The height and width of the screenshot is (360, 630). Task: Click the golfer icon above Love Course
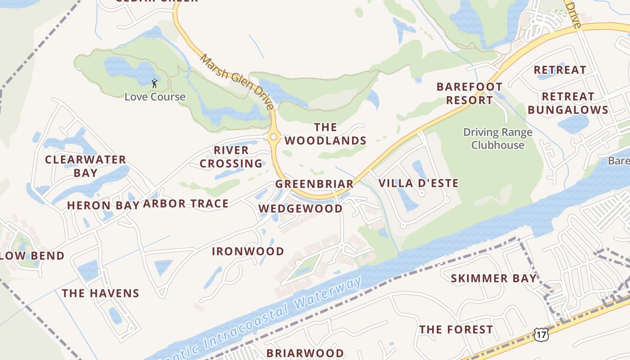[x=154, y=83]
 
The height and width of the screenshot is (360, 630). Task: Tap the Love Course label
[x=155, y=97]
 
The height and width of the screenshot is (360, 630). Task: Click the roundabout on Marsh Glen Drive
[x=273, y=136]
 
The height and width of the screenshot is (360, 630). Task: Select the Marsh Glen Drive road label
[x=237, y=82]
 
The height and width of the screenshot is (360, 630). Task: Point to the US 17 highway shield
[x=541, y=333]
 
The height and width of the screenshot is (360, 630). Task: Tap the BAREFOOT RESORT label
[x=469, y=93]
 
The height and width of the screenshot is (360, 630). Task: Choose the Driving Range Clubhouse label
[x=498, y=139]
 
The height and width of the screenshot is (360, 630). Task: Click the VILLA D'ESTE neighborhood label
[x=418, y=183]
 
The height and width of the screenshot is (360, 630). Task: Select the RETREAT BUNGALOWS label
[x=568, y=103]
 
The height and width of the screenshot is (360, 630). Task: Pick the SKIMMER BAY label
[x=494, y=279]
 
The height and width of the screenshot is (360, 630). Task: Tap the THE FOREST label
[x=456, y=330]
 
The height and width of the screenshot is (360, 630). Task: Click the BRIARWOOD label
[x=305, y=353]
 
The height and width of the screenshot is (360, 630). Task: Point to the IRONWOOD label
[x=248, y=251]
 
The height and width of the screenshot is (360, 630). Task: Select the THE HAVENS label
[x=100, y=293]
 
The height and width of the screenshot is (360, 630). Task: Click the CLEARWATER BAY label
[x=85, y=166]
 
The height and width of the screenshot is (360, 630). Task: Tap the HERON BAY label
[x=101, y=206]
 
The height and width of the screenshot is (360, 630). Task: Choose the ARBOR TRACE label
[x=185, y=204]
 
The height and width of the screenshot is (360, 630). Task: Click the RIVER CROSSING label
[x=231, y=157]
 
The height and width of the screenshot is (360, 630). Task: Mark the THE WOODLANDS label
[x=325, y=134]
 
